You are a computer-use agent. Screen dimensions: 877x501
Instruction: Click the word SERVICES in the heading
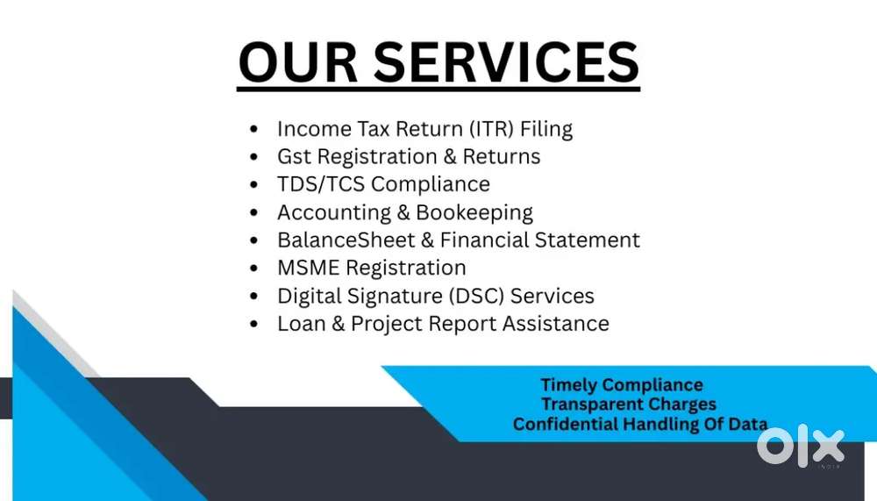click(x=506, y=61)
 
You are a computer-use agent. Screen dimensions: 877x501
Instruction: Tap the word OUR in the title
click(x=298, y=61)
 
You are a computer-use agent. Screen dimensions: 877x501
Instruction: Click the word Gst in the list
click(x=294, y=156)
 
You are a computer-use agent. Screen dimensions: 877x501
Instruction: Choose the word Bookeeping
click(x=474, y=213)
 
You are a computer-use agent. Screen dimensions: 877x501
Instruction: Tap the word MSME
click(x=308, y=268)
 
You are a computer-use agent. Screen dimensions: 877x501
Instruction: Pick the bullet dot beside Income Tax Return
click(x=254, y=129)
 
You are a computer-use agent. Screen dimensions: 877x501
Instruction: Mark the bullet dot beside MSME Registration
click(x=254, y=268)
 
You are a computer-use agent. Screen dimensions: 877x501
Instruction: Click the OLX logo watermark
click(x=801, y=445)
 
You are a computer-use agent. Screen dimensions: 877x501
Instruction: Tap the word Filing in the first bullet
click(x=546, y=129)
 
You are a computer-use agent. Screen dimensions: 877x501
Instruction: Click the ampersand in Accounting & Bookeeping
click(x=403, y=212)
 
